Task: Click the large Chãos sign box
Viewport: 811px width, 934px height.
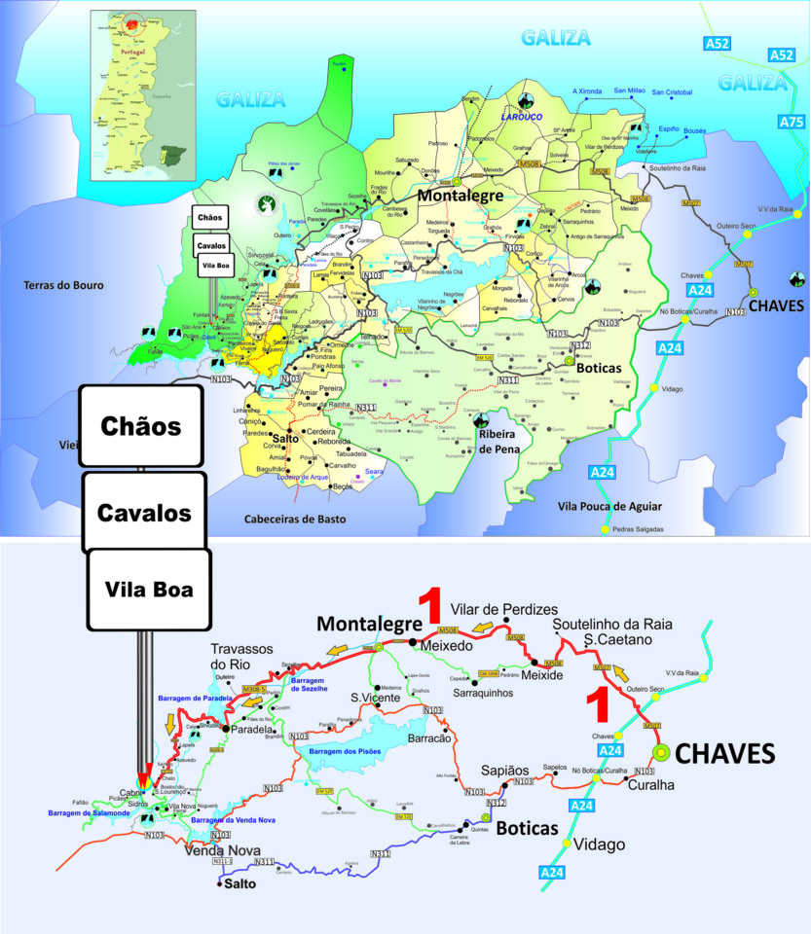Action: point(140,426)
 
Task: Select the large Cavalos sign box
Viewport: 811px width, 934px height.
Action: point(144,512)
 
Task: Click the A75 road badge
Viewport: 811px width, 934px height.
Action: point(792,122)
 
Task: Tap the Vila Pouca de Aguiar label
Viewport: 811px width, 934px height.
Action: point(610,506)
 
